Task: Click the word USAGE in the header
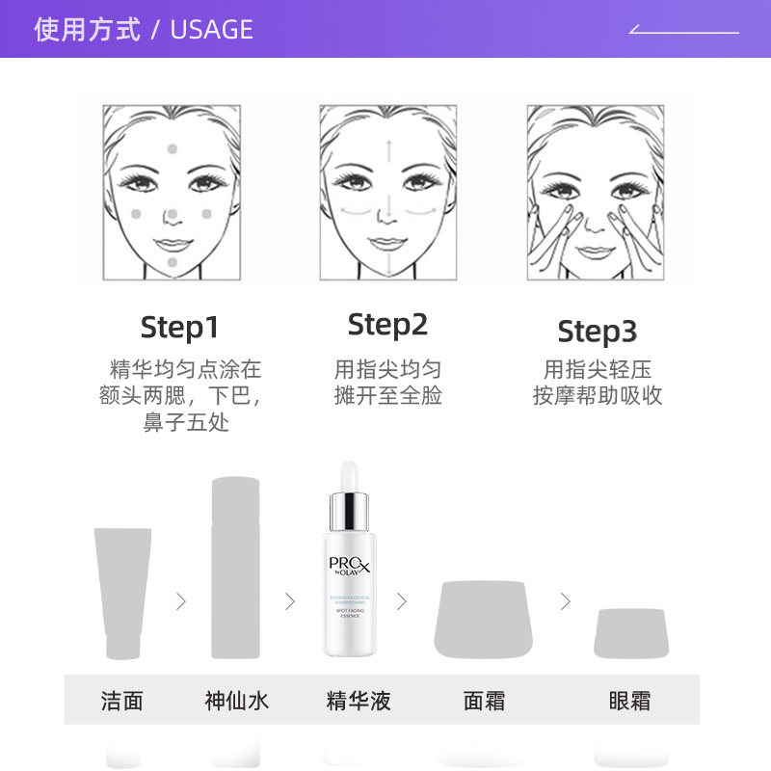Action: [211, 30]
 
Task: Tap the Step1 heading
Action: [179, 327]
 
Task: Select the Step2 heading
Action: [387, 325]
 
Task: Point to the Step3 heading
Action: [597, 332]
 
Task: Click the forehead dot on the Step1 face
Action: [173, 148]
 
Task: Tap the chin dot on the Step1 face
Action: [173, 262]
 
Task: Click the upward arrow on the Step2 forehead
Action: [387, 150]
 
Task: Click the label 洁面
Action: [121, 701]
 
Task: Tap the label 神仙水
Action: [237, 701]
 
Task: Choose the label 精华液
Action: [359, 701]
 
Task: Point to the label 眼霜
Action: [629, 701]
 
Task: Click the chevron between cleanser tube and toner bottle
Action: [180, 601]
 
